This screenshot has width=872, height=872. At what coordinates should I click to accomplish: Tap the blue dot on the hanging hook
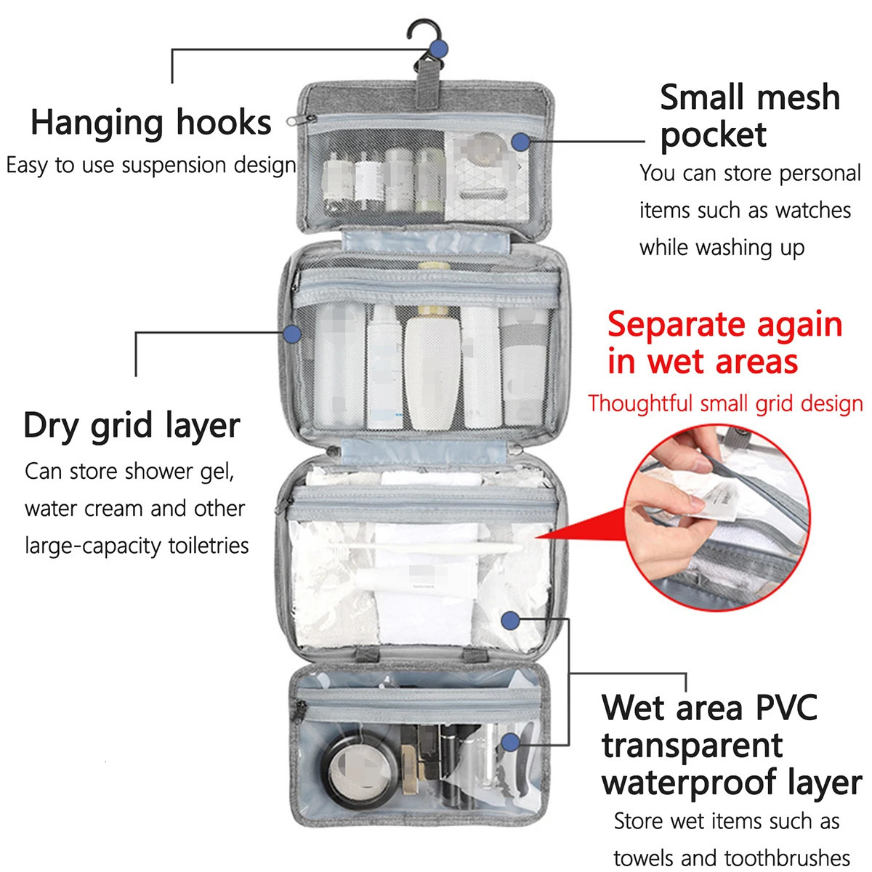[x=438, y=49]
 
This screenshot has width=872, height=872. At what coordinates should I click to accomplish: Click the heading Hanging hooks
[x=151, y=122]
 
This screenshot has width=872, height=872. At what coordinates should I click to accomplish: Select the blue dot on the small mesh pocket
[x=520, y=142]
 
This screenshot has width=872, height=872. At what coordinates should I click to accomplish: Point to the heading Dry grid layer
[x=132, y=425]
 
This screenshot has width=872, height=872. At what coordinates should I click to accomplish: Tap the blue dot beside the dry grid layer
[x=292, y=334]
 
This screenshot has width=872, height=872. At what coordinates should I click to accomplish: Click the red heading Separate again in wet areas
[x=724, y=343]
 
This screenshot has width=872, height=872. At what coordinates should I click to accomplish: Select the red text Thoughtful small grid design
[x=725, y=403]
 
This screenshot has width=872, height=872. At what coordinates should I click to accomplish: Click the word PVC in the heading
[x=786, y=708]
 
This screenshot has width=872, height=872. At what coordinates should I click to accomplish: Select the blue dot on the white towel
[x=510, y=621]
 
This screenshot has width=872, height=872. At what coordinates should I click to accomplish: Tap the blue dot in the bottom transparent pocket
[x=510, y=742]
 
